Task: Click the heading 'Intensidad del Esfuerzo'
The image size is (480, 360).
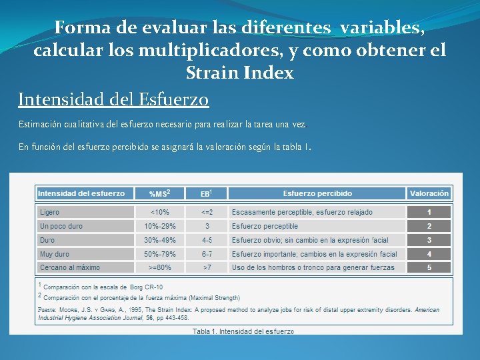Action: click(113, 99)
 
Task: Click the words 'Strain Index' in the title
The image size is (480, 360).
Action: click(239, 73)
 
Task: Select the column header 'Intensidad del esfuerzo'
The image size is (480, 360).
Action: click(81, 193)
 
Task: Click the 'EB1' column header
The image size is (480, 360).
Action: click(206, 193)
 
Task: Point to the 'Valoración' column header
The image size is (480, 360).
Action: click(429, 193)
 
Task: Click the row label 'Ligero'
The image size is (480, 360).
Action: click(49, 212)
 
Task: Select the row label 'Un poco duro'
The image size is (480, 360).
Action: click(61, 226)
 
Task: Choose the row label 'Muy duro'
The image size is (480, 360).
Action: click(55, 254)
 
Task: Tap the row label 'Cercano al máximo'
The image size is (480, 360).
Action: click(69, 267)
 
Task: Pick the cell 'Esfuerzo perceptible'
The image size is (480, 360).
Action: click(265, 226)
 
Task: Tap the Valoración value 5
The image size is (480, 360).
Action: click(429, 267)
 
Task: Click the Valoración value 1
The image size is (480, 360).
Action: click(429, 212)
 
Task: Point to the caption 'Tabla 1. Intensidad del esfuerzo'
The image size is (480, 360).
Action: click(243, 331)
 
